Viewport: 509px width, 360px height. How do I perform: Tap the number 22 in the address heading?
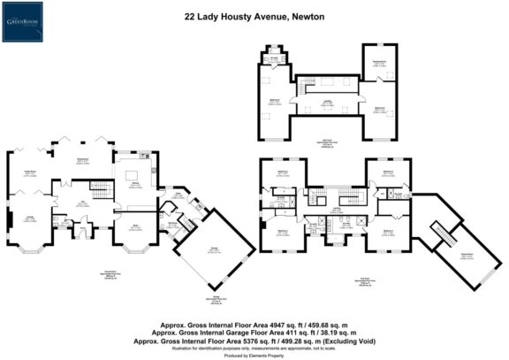point(190,15)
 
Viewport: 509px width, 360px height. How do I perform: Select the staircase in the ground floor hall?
point(99,189)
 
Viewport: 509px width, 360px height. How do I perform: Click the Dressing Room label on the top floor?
point(378,63)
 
